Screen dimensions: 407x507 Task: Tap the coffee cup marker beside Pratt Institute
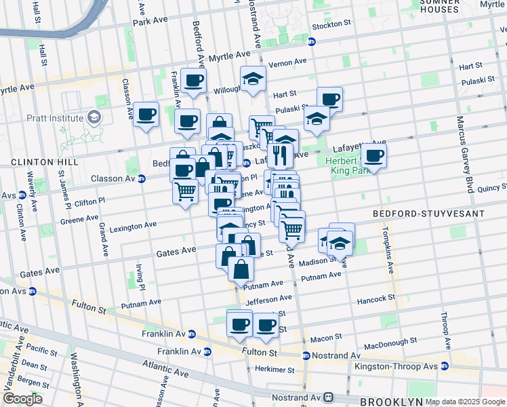tap(146, 115)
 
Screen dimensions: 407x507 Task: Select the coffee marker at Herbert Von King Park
tap(373, 156)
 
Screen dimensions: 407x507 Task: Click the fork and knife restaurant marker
tap(280, 155)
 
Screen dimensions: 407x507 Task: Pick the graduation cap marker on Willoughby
tap(253, 79)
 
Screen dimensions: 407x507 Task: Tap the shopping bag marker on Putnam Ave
tap(241, 269)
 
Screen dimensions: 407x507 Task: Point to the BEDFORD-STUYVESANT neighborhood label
tap(429, 214)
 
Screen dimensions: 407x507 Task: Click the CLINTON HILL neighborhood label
tap(37, 163)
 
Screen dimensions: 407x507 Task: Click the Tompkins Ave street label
tap(391, 249)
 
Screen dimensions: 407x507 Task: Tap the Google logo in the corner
tap(22, 399)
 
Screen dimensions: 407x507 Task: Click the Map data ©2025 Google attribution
tap(465, 402)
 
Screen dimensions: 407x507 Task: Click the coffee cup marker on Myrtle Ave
tap(193, 81)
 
